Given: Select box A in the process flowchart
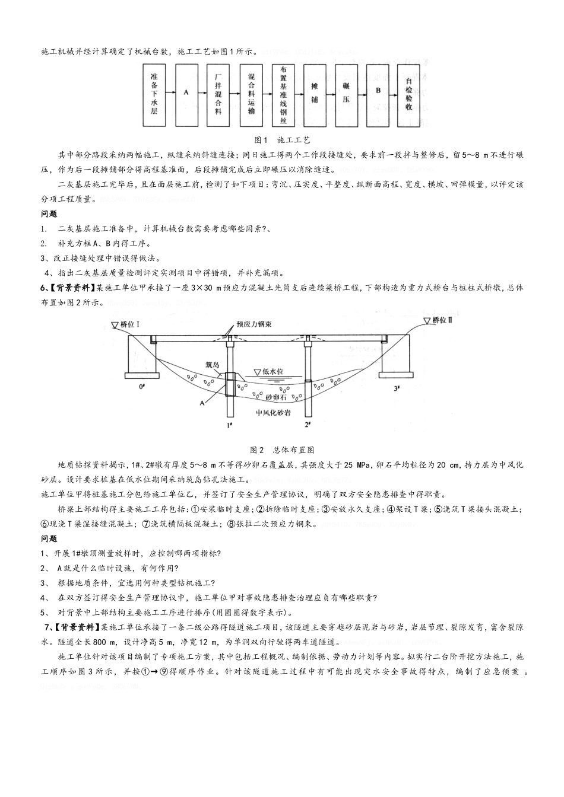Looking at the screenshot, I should [186, 93].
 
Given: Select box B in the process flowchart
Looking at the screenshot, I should [378, 93].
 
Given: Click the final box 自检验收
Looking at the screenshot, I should [409, 95].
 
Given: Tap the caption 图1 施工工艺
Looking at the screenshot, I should [282, 140].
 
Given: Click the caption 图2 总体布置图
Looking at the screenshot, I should [282, 449].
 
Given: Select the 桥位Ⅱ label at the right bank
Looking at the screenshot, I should [438, 320].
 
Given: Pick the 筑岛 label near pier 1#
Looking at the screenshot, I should [211, 364].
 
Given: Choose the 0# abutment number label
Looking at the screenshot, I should [141, 387].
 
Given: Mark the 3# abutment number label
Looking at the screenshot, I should [397, 387].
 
